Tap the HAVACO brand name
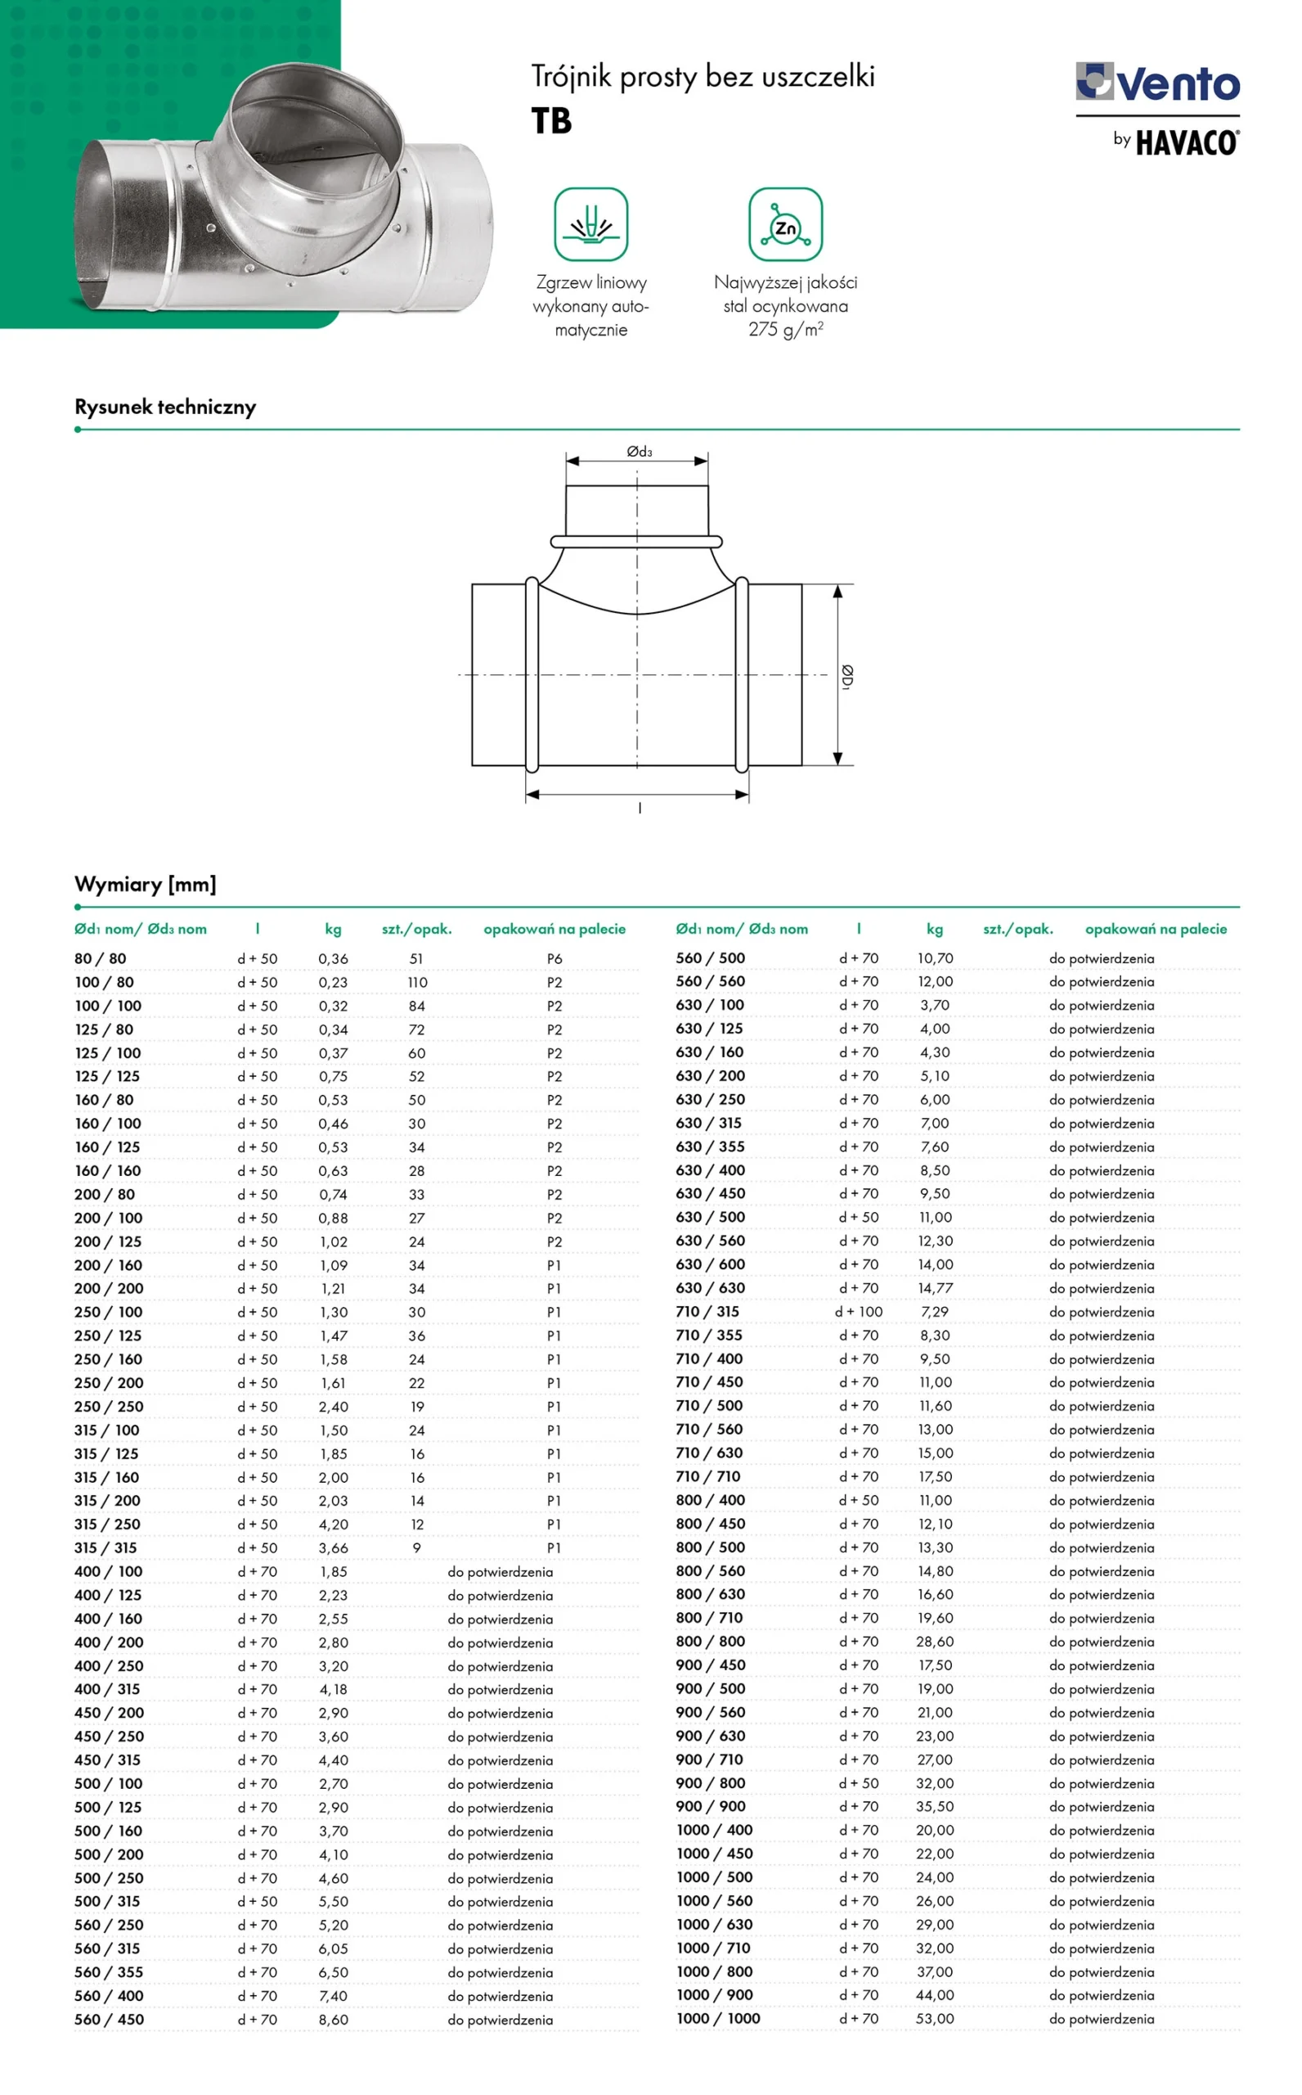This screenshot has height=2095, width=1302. [1187, 142]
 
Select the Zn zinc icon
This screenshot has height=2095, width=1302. [785, 225]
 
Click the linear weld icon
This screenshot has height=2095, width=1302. [590, 225]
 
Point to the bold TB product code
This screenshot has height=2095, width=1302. [551, 121]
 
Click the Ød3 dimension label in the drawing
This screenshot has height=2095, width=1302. [639, 452]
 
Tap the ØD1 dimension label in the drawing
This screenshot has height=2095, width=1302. [847, 677]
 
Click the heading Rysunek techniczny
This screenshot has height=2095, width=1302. [165, 407]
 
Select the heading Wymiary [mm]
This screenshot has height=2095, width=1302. [146, 884]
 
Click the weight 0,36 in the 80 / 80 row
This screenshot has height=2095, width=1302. [333, 959]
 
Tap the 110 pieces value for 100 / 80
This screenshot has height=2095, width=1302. [417, 982]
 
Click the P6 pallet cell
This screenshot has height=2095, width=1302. [554, 959]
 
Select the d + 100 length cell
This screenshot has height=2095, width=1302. [859, 1312]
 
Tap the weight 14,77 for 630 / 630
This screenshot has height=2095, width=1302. [934, 1289]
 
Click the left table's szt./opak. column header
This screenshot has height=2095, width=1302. [417, 929]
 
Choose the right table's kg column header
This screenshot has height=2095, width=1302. [934, 929]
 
